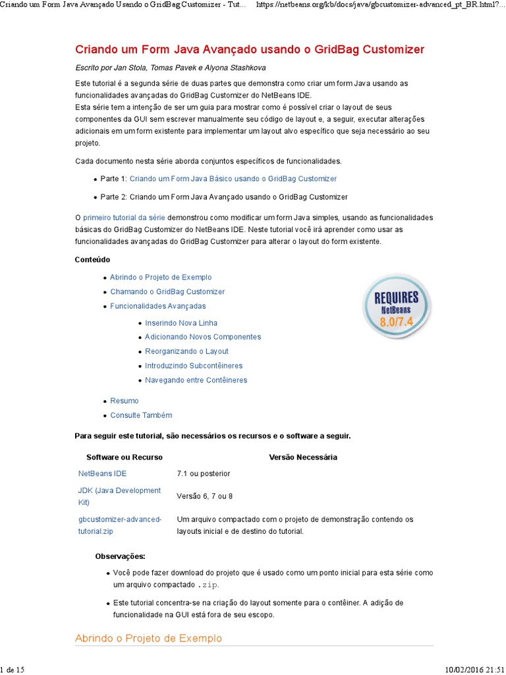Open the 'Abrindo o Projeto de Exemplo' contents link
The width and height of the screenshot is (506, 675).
[x=161, y=278]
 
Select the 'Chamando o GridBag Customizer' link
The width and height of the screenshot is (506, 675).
[x=167, y=291]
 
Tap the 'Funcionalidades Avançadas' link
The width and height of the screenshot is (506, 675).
[x=158, y=306]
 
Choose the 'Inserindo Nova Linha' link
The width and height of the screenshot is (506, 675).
[x=181, y=323]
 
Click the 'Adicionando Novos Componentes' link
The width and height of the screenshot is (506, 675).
[x=203, y=337]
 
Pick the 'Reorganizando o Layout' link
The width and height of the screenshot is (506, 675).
[x=186, y=351]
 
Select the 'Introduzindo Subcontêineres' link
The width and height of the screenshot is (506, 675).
[x=194, y=366]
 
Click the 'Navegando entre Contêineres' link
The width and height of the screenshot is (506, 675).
[x=196, y=380]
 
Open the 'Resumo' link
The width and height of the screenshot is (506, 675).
[x=125, y=401]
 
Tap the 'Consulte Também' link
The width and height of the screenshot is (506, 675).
[x=141, y=415]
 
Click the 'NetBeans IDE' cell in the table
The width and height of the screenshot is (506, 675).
[x=103, y=473]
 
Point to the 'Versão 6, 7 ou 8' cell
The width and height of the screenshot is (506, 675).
[x=205, y=496]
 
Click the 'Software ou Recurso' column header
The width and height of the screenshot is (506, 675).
[x=125, y=457]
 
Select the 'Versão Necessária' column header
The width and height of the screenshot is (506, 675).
[x=303, y=457]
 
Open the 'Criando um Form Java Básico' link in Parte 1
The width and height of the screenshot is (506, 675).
[x=233, y=179]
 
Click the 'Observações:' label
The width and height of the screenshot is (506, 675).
[x=121, y=556]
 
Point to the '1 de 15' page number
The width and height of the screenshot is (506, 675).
[x=13, y=670]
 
